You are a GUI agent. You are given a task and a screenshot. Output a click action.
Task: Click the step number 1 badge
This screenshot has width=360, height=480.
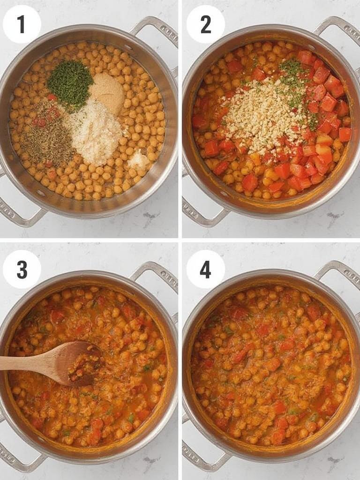click(22, 24)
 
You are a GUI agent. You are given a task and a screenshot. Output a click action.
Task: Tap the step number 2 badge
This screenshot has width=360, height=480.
click(205, 24)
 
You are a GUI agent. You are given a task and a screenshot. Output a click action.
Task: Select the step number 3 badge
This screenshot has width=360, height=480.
click(22, 270)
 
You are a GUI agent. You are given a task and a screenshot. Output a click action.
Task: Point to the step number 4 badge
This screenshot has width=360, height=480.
click(205, 270)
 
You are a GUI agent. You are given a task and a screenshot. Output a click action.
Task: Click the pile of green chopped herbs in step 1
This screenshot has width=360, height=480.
click(70, 84)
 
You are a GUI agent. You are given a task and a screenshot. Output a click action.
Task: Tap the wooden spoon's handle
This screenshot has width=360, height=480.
click(23, 363)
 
